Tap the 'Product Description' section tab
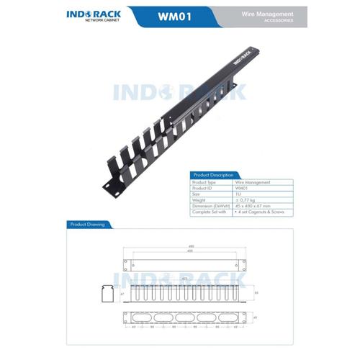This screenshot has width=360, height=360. click(x=212, y=175)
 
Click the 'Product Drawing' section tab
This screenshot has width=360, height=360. click(x=86, y=225)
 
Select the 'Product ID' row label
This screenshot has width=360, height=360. click(x=204, y=189)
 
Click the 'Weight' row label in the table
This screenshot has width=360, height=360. click(x=201, y=200)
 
